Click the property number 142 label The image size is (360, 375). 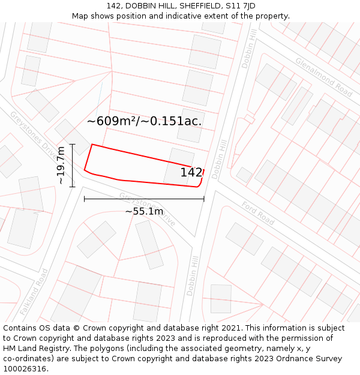191,173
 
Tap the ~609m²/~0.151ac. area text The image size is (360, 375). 144,121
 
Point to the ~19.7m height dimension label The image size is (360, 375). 61,165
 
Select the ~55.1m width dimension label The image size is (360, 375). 144,211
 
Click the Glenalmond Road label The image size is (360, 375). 323,77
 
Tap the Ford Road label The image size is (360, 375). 258,214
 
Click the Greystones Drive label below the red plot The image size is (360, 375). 147,209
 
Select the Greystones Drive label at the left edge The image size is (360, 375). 31,133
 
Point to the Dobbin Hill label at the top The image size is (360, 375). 248,51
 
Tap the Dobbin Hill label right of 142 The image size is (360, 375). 220,158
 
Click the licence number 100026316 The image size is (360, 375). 25,369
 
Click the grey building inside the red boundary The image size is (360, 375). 179,166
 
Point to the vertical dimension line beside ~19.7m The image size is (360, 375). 73,165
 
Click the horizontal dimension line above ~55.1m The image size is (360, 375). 144,199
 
